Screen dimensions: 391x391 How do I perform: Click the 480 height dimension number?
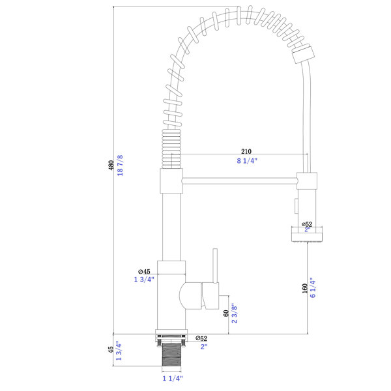click(111, 166)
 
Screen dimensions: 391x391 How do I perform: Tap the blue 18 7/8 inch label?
click(120, 166)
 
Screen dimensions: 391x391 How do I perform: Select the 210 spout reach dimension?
click(246, 151)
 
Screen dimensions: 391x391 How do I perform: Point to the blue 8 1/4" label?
click(247, 161)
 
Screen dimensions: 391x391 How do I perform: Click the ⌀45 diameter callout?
click(144, 271)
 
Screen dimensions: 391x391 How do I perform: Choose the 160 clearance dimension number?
click(305, 289)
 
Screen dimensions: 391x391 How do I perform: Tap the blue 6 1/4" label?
click(313, 288)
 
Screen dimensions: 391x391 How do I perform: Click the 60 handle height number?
click(226, 313)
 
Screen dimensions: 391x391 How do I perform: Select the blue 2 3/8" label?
click(235, 313)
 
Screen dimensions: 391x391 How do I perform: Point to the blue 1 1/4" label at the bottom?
click(173, 379)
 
